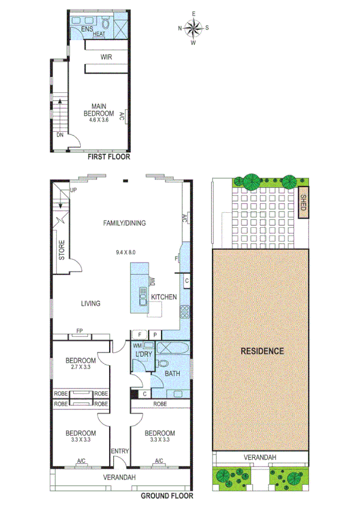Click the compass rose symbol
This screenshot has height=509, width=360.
click(x=193, y=28)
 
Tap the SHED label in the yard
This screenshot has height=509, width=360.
click(x=304, y=205)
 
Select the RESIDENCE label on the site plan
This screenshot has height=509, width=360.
click(x=262, y=351)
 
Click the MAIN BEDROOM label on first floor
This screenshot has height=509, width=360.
click(x=99, y=110)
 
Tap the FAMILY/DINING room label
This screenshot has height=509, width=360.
click(x=125, y=223)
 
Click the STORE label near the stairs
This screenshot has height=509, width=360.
click(x=62, y=251)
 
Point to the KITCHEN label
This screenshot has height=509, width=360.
click(x=164, y=297)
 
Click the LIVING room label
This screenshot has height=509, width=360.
click(x=90, y=304)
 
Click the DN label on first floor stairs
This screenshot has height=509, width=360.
click(x=60, y=135)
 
